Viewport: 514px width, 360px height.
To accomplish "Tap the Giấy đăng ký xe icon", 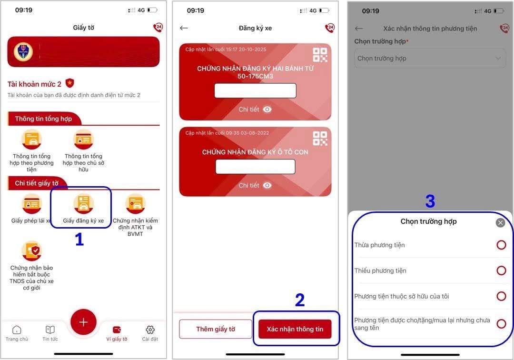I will (83, 203).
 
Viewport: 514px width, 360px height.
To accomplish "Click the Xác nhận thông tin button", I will (295, 329).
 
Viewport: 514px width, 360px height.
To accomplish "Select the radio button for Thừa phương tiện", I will (501, 245).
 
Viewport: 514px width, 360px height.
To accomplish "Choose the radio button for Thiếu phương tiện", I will (501, 270).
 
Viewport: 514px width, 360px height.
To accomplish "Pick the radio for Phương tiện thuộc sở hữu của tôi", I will (501, 296).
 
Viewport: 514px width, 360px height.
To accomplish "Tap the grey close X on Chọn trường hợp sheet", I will (500, 222).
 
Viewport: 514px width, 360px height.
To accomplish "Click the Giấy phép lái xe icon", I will (32, 203).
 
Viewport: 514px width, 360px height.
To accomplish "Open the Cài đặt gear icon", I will (150, 330).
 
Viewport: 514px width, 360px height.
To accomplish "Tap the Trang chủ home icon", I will (17, 330).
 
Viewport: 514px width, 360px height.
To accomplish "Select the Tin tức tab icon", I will (50, 330).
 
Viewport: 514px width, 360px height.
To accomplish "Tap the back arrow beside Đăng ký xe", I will (184, 28).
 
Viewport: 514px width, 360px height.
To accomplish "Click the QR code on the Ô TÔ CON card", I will (320, 138).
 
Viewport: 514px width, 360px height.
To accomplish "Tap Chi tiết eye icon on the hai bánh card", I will (267, 110).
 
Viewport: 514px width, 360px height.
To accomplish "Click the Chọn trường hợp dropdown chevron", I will (498, 59).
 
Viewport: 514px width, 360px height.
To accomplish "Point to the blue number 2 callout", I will (299, 300).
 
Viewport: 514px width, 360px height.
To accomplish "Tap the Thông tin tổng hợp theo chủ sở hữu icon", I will (83, 140).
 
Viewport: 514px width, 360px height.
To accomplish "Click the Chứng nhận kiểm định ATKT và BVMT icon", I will (135, 203).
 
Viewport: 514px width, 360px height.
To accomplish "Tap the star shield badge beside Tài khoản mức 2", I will (70, 83).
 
